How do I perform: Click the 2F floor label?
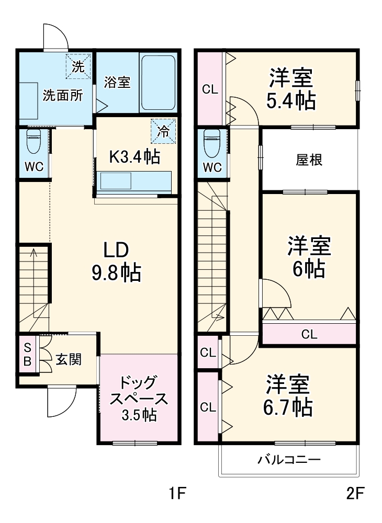(x=355, y=493)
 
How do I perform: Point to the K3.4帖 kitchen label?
(x=134, y=156)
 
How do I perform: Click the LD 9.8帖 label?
(x=116, y=261)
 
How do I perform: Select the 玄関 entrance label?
(x=69, y=360)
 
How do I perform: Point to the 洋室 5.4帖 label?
(x=291, y=89)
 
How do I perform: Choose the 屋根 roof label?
(x=309, y=160)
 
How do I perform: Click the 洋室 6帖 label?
(x=309, y=257)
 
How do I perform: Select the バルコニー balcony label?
(x=288, y=460)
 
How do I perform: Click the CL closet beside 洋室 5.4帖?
(x=210, y=89)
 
